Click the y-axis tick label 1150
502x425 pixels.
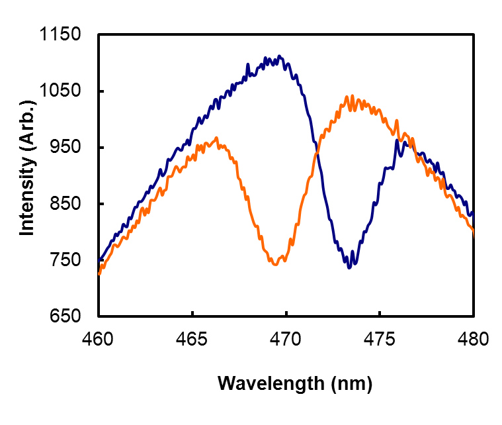[x=61, y=35]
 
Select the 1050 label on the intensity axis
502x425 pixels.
[x=61, y=91]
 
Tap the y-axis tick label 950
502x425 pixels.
[x=65, y=148]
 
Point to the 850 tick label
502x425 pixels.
[x=65, y=204]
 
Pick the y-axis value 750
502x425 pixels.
[x=65, y=260]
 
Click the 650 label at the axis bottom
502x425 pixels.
[x=65, y=316]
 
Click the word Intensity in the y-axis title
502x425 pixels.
[x=26, y=192]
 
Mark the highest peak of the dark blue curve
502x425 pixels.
[x=280, y=57]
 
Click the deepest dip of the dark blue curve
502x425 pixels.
[x=349, y=267]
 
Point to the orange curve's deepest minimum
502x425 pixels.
[x=275, y=263]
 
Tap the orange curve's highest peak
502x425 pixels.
[x=352, y=97]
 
